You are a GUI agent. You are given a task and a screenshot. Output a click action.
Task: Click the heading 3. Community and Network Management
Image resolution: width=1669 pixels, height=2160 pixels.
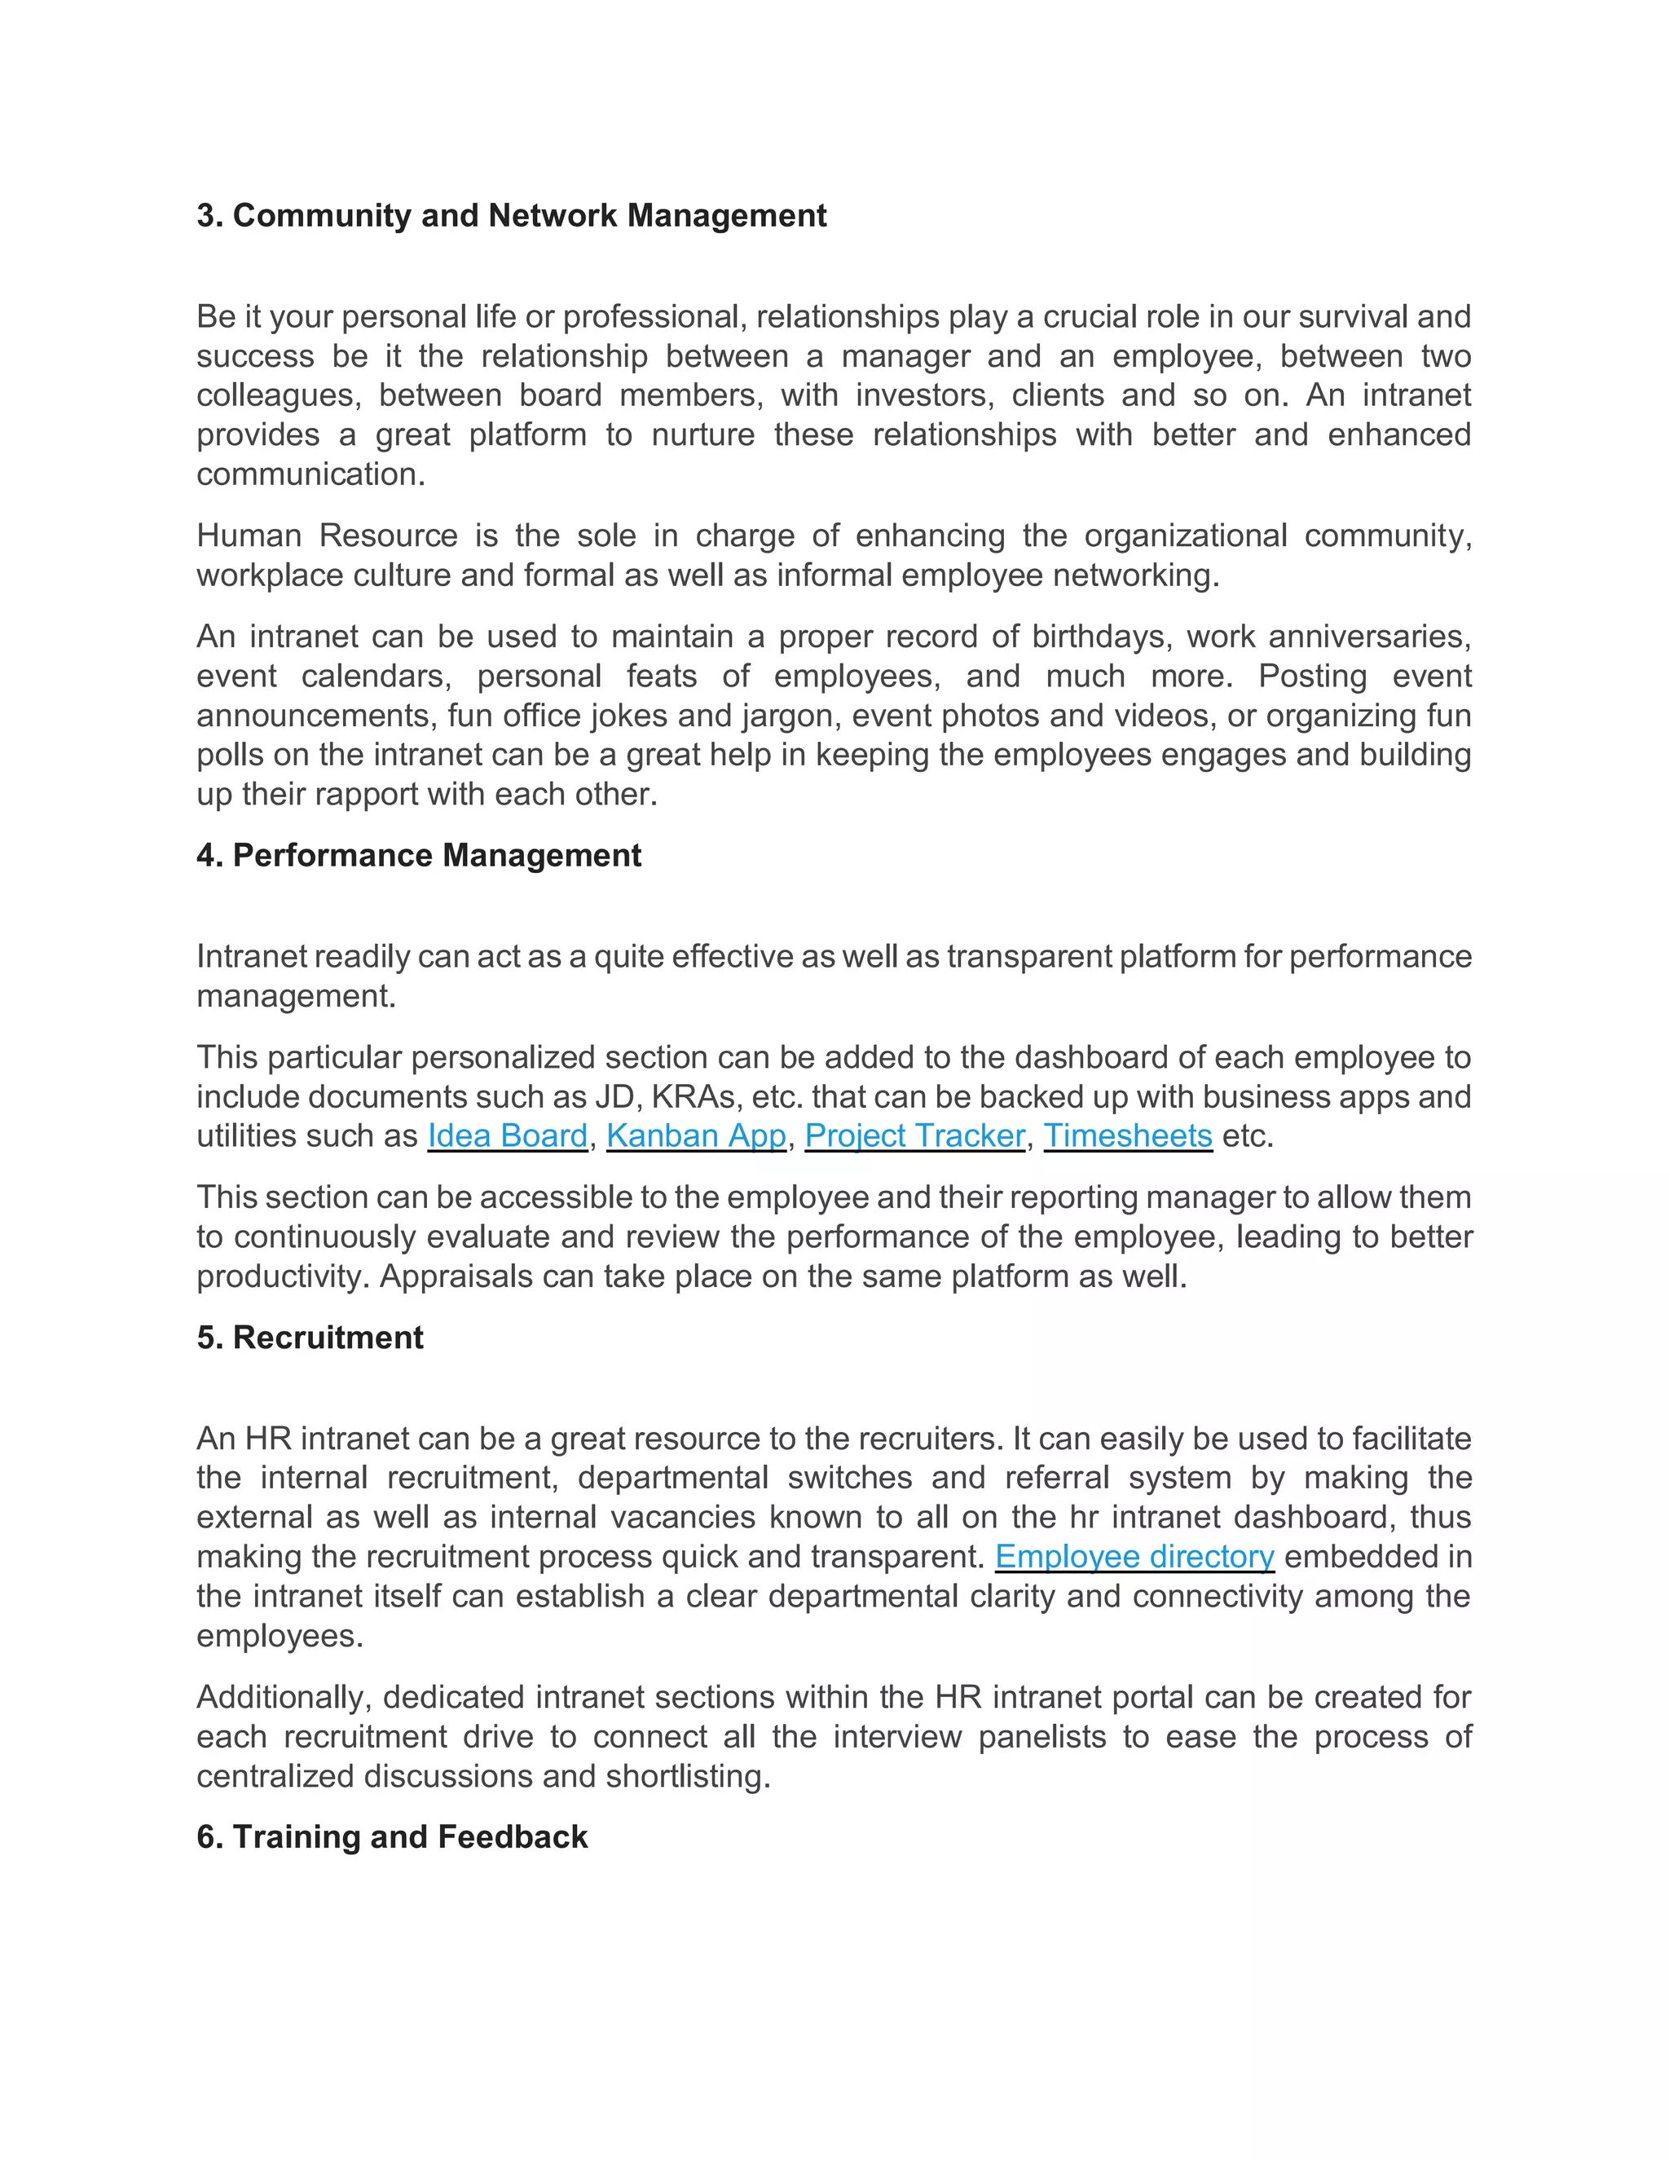click(511, 216)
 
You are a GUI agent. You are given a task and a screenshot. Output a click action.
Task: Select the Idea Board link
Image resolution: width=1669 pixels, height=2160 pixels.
click(507, 1135)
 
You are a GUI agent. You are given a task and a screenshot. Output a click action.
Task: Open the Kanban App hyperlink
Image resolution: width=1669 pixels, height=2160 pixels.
click(696, 1135)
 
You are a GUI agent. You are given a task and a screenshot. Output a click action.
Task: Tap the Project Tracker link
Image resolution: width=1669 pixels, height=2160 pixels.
click(914, 1135)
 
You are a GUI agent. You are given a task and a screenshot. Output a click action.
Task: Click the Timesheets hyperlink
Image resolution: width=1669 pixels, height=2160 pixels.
click(1127, 1135)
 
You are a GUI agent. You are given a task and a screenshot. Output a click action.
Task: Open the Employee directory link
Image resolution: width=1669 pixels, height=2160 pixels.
click(1134, 1557)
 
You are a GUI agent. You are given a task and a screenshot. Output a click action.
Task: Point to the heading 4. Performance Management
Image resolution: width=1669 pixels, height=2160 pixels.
click(418, 856)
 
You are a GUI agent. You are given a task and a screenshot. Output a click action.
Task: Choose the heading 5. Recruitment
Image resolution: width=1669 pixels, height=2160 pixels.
click(310, 1337)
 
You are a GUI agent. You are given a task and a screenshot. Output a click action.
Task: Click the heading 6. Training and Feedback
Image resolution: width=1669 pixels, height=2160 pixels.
click(391, 1836)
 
